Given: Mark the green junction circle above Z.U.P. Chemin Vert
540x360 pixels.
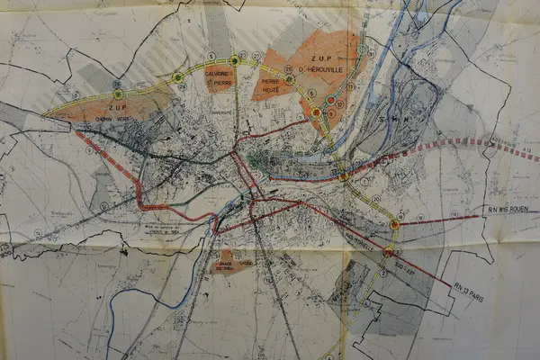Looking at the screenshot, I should coord(118,94).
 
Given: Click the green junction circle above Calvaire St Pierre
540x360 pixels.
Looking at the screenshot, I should coord(234,59).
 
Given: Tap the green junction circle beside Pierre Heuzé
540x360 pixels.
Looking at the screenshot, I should coord(290,79).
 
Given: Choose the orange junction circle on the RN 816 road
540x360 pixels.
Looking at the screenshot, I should coord(394,224).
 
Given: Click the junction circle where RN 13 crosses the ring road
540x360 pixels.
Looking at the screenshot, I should coord(388,252).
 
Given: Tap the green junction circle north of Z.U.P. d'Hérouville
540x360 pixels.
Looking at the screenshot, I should coord(361,50).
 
